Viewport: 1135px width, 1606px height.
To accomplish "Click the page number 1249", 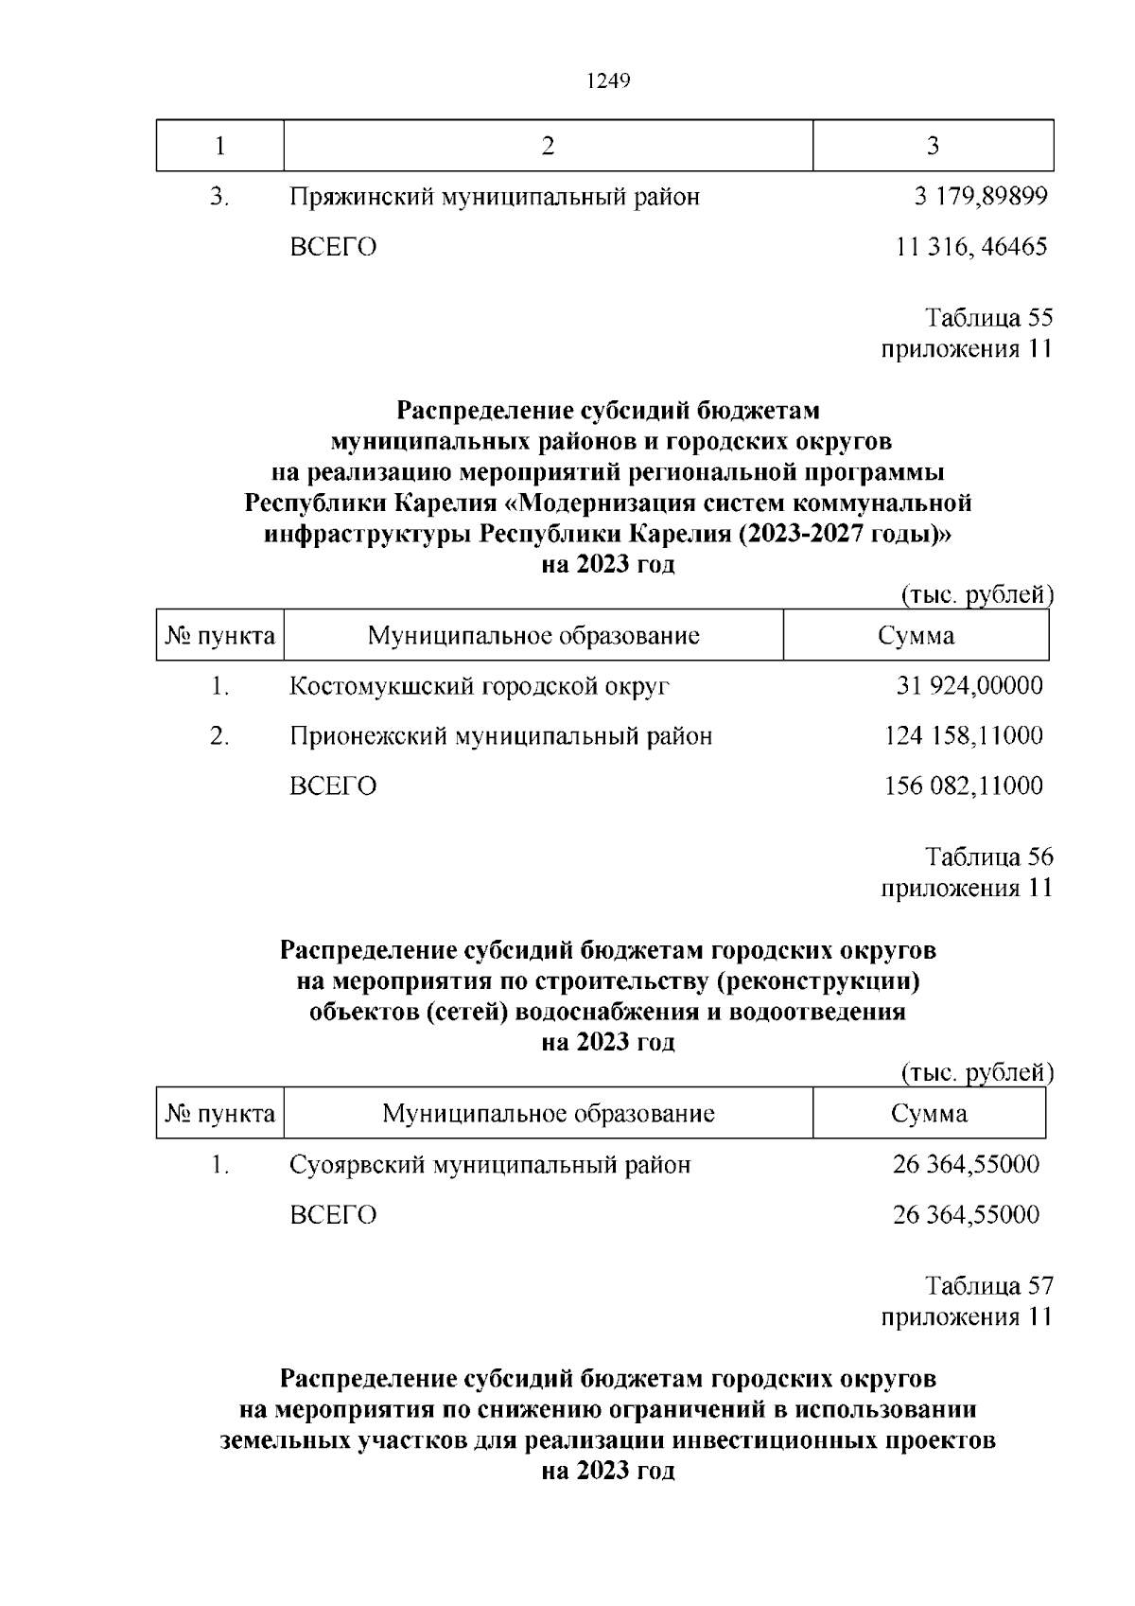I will (x=608, y=81).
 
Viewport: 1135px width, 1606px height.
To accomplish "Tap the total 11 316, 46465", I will (x=971, y=247).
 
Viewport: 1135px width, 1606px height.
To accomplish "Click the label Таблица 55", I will (x=988, y=317).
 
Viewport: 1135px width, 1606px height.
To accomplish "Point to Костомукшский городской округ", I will (x=479, y=685).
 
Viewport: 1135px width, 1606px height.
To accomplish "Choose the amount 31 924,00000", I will (x=969, y=685).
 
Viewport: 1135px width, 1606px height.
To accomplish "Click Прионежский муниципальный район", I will (x=500, y=735).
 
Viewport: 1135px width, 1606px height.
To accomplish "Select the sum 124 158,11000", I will (x=964, y=735).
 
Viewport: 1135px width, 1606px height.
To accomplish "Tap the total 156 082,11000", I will (x=964, y=785).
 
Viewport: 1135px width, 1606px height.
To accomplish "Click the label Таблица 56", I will (x=988, y=856).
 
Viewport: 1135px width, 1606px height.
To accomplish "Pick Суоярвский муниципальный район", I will (x=490, y=1164).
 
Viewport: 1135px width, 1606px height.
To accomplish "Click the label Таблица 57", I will (x=988, y=1285).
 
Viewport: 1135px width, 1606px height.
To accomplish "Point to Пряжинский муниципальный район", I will (x=495, y=197).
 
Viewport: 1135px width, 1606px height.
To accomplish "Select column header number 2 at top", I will (x=548, y=146).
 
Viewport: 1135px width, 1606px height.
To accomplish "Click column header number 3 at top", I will (x=933, y=146).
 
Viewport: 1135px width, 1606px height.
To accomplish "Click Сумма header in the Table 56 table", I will (x=929, y=1113).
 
